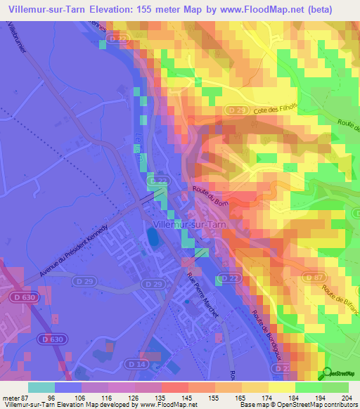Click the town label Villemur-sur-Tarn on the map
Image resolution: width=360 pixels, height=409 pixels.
pos(187,225)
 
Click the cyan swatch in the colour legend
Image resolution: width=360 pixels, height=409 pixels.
pos(41,387)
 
